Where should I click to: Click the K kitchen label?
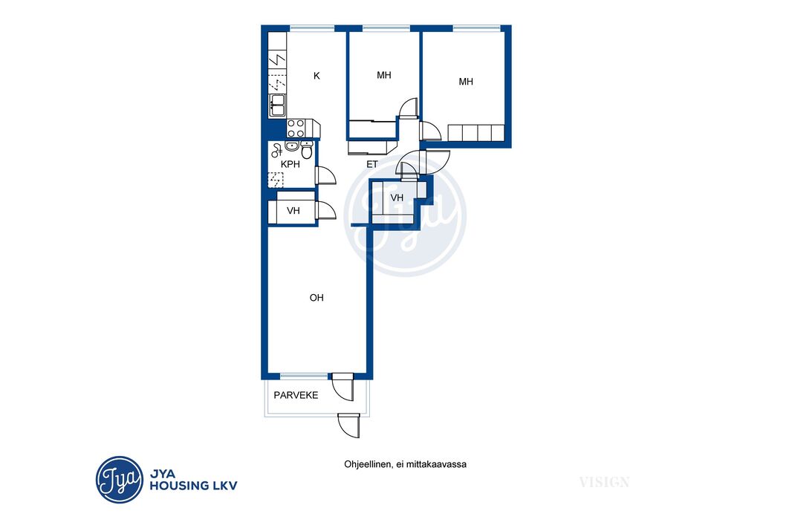[x=317, y=76]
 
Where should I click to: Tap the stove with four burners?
[x=296, y=128]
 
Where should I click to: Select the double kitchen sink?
[x=277, y=105]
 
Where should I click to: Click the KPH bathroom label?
[x=290, y=164]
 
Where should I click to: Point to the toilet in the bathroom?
[x=307, y=149]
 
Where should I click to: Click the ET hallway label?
[x=372, y=164]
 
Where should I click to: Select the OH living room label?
[x=317, y=298]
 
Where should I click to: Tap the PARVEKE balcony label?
[x=296, y=395]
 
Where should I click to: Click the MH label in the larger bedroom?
[x=466, y=82]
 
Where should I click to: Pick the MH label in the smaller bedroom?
[x=384, y=75]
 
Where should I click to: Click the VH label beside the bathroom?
[x=293, y=210]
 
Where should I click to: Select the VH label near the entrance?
[x=397, y=198]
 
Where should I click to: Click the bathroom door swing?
[x=326, y=176]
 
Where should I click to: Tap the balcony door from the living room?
[x=343, y=387]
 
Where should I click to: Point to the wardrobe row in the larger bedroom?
[x=476, y=133]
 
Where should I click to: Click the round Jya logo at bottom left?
[x=120, y=480]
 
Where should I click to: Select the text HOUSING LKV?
[x=193, y=486]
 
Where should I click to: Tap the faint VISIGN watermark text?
[x=604, y=483]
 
